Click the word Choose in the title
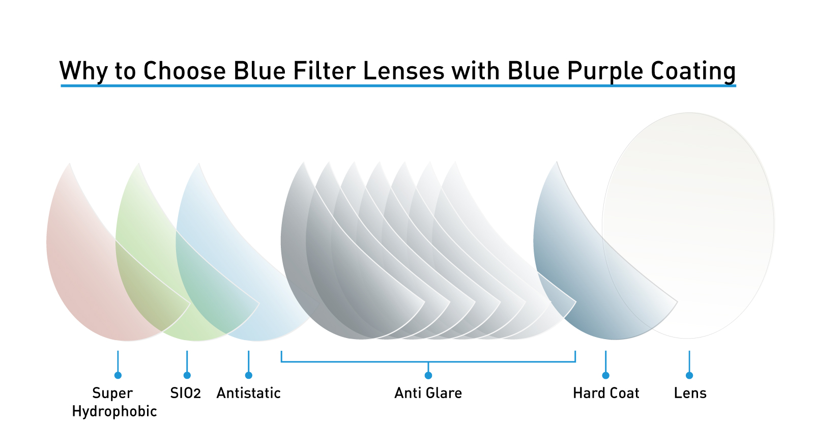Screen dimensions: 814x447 [185, 71]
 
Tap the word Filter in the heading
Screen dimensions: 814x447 [324, 71]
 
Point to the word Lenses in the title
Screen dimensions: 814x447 [404, 71]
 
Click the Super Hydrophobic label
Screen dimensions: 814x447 [114, 402]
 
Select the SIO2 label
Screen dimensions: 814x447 [185, 393]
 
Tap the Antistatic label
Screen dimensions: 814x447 [249, 393]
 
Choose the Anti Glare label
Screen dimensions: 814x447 [428, 393]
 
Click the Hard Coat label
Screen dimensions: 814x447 [606, 393]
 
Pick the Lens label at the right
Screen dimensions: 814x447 [690, 393]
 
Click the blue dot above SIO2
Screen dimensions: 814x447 [187, 375]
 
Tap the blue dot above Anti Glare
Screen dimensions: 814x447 [428, 375]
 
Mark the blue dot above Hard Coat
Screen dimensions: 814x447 [605, 375]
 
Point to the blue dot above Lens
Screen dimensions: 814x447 [689, 375]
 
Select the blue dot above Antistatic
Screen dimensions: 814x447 [249, 375]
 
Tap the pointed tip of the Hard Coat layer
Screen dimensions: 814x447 [677, 301]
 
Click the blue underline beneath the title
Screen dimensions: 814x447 [398, 86]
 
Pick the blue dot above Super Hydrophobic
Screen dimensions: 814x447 [118, 375]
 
